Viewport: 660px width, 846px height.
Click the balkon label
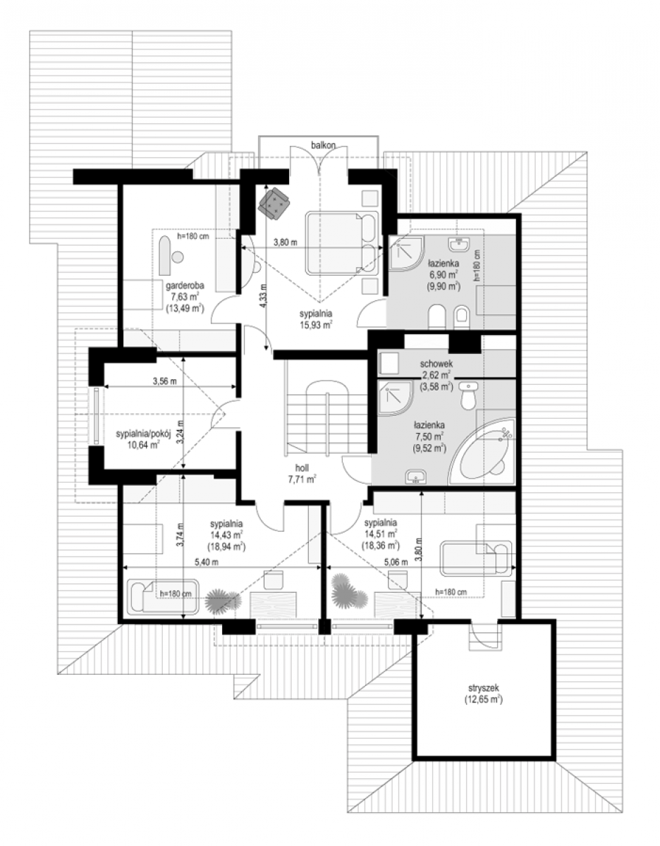pos(323,145)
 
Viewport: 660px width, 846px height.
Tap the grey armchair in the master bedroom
pos(274,202)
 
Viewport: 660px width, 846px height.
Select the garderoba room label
pos(185,286)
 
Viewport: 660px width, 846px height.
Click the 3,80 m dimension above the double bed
pos(286,242)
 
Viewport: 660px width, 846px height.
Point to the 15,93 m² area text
pos(315,324)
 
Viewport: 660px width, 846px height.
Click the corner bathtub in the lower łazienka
pos(482,453)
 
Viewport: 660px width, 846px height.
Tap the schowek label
pos(436,364)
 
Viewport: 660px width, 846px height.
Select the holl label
pos(302,468)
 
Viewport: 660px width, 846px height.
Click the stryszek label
pos(484,688)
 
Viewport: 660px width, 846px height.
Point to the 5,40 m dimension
pos(206,562)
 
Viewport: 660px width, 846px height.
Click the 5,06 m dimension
pos(396,562)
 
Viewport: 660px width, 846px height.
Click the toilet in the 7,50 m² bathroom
pos(468,396)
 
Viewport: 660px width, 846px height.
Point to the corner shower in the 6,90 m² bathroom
pos(405,252)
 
